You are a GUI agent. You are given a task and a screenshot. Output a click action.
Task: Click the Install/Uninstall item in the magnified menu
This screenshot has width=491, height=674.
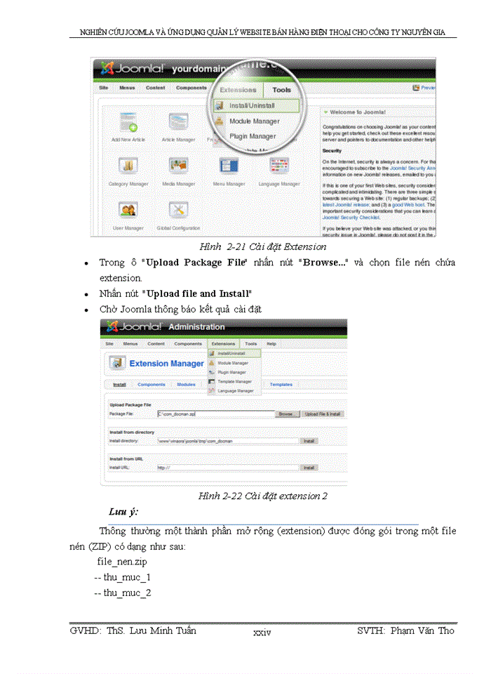click(252, 106)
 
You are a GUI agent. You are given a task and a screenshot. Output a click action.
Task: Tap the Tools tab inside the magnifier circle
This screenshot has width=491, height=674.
click(281, 90)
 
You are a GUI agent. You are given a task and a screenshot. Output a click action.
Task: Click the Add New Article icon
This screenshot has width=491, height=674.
click(128, 124)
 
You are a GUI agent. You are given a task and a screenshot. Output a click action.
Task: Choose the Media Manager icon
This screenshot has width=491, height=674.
click(178, 167)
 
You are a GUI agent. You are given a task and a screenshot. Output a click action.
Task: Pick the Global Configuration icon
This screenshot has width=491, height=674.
click(178, 211)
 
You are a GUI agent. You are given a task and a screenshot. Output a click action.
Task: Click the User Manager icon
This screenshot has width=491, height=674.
click(128, 211)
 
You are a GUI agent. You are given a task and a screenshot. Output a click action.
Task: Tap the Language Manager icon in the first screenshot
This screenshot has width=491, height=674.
click(279, 167)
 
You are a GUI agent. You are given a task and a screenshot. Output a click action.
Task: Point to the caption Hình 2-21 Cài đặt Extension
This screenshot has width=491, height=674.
click(262, 246)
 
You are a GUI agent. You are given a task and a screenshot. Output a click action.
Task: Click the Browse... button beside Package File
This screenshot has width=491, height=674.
click(286, 414)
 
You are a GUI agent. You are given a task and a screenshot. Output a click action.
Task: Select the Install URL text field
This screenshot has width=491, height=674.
click(226, 467)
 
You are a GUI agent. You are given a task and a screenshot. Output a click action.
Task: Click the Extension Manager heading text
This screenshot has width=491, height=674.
click(167, 364)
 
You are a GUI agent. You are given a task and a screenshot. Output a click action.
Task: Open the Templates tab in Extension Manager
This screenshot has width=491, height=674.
click(281, 385)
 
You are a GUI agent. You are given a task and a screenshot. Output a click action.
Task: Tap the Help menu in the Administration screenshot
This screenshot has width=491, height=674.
click(271, 344)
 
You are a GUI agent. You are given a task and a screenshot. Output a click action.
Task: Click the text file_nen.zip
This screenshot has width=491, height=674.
click(122, 562)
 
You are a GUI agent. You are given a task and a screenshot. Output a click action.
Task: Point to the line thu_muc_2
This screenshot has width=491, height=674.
click(123, 593)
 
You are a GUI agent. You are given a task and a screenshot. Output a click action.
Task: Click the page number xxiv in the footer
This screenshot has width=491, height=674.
click(262, 633)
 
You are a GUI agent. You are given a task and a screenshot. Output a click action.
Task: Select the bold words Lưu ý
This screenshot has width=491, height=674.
click(123, 511)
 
